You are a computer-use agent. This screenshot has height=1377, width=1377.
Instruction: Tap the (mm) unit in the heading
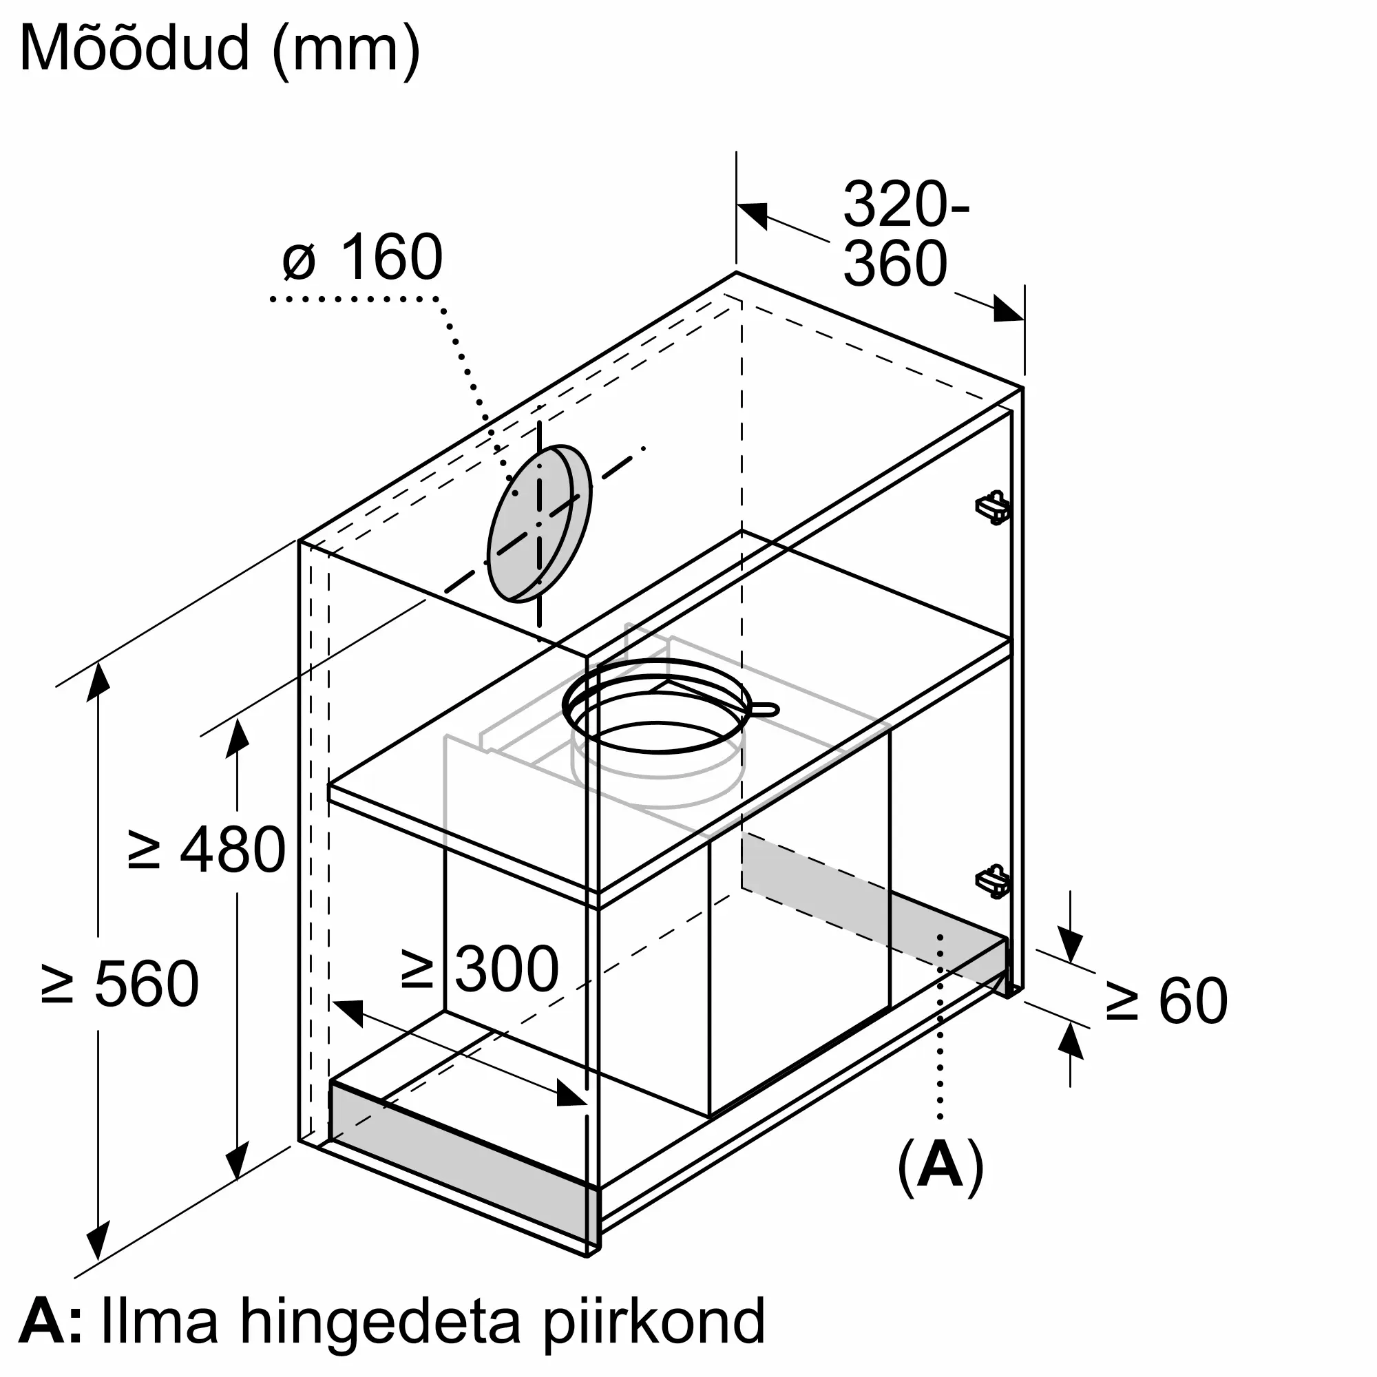(347, 50)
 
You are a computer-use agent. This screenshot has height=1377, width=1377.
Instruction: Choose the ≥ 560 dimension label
(119, 984)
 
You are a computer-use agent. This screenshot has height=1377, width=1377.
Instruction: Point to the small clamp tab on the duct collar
(763, 708)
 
